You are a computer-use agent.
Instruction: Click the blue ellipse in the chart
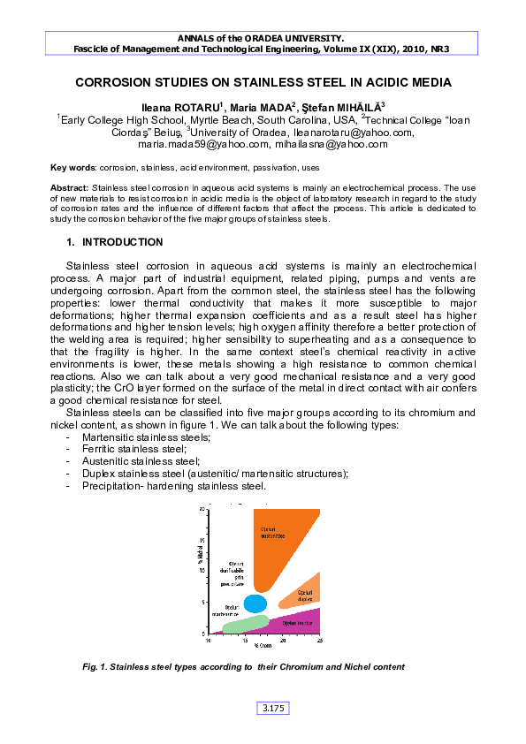pos(255,604)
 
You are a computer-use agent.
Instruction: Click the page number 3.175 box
pos(273,708)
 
